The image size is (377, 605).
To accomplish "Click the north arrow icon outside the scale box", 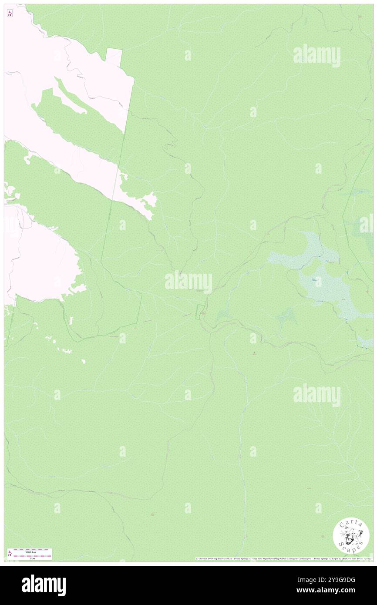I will (x=10, y=13).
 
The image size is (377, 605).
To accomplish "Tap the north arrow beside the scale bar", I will (x=10, y=553).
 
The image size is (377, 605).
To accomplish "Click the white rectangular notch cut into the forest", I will (x=114, y=57).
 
